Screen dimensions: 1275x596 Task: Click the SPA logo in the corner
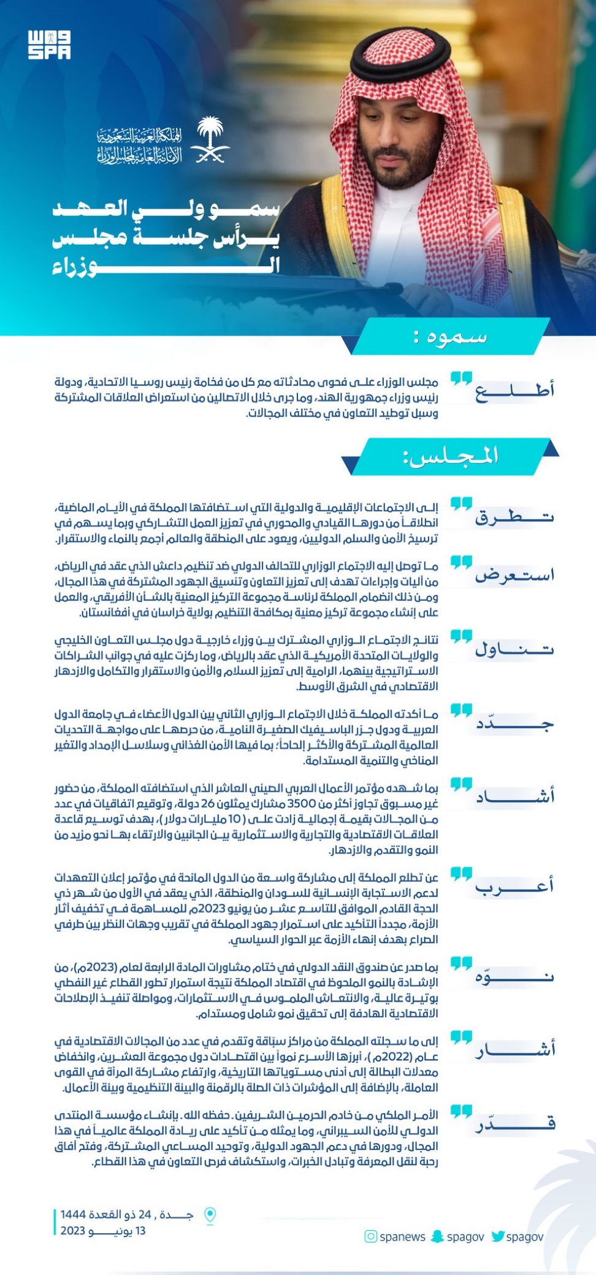(49, 45)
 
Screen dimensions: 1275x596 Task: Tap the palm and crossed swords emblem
(210, 141)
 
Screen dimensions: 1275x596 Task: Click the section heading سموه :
(450, 337)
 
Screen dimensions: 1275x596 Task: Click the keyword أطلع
(514, 390)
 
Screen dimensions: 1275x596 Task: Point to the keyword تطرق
(514, 517)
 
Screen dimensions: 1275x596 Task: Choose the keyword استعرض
(514, 575)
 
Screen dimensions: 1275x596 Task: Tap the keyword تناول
(514, 649)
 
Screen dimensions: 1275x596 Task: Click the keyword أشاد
(514, 796)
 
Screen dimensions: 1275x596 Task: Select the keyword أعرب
(514, 886)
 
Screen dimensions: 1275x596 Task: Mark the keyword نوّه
(514, 976)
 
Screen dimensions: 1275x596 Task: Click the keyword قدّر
(514, 1123)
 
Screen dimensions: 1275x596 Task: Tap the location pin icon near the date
(210, 1215)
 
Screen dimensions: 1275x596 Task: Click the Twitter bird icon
(498, 1236)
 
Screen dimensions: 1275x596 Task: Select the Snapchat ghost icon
(437, 1236)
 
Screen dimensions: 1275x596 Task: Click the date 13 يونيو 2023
(103, 1230)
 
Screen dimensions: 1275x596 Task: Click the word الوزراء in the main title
(166, 266)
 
